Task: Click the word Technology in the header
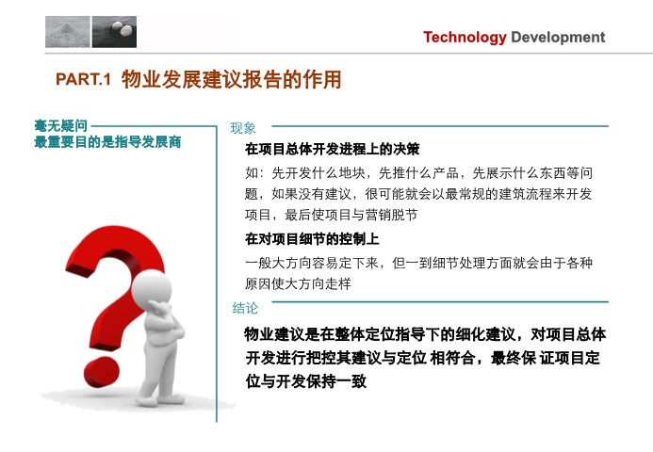pyautogui.click(x=465, y=38)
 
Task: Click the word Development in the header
pyautogui.click(x=558, y=37)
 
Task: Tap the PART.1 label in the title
pyautogui.click(x=83, y=79)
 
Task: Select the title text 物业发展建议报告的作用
pyautogui.click(x=232, y=79)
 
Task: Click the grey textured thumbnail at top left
pyautogui.click(x=68, y=32)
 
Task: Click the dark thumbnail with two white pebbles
pyautogui.click(x=114, y=32)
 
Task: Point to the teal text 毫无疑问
pyautogui.click(x=61, y=125)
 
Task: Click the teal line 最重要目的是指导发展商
pyautogui.click(x=107, y=142)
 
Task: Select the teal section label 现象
pyautogui.click(x=243, y=128)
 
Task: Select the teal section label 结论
pyautogui.click(x=245, y=308)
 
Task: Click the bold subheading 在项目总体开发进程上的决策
pyautogui.click(x=332, y=149)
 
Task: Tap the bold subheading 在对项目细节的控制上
pyautogui.click(x=312, y=239)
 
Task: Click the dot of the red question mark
pyautogui.click(x=101, y=372)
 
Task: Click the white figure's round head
pyautogui.click(x=152, y=288)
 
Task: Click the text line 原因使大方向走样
pyautogui.click(x=298, y=283)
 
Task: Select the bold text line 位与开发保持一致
pyautogui.click(x=306, y=380)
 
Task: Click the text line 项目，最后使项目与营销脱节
pyautogui.click(x=331, y=215)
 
